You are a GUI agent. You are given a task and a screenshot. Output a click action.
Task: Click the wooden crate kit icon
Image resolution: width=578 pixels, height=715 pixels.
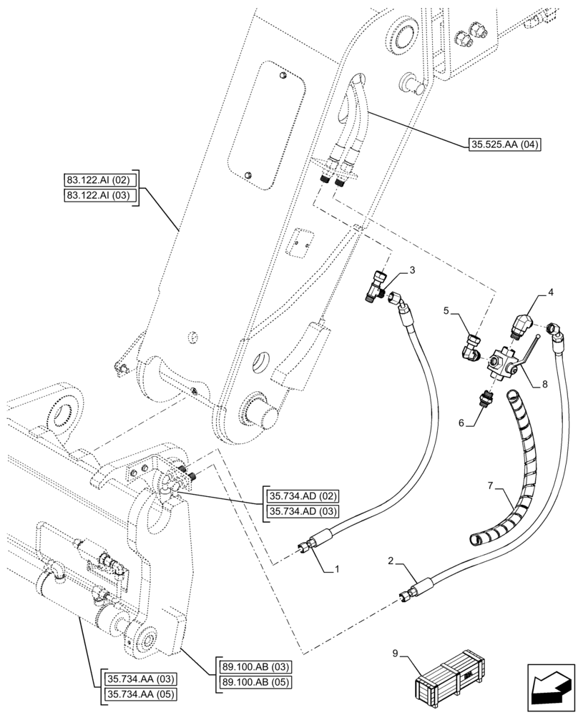point(451,681)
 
